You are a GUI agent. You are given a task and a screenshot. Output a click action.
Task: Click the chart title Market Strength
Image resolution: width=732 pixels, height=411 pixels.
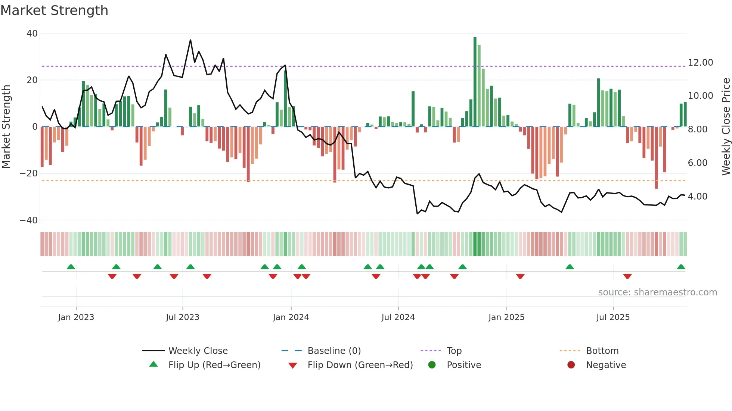[x=54, y=10]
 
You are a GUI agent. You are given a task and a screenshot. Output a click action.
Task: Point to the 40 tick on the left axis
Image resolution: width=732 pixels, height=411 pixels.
[x=32, y=34]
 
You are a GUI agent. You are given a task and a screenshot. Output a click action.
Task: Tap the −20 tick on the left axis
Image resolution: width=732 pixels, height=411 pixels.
[x=29, y=173]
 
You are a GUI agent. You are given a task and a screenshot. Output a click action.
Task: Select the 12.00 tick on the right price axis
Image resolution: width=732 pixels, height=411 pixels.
[x=700, y=63]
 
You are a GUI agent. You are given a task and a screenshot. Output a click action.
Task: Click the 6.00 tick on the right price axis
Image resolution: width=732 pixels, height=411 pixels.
[x=697, y=163]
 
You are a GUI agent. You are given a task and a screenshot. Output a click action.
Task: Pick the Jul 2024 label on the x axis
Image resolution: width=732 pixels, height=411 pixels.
[x=398, y=317]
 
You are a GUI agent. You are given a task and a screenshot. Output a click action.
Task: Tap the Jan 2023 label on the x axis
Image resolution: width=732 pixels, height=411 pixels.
[x=76, y=317]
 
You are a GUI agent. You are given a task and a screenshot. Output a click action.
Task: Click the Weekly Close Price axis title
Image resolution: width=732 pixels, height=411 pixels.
[x=726, y=127]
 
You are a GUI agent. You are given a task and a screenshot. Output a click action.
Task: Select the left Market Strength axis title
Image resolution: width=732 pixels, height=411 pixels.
[x=6, y=127]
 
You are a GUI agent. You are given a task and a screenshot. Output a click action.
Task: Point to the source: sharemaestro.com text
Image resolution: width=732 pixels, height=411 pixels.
[x=657, y=292]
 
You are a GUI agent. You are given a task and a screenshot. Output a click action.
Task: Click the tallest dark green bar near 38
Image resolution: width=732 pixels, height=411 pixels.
[x=475, y=82]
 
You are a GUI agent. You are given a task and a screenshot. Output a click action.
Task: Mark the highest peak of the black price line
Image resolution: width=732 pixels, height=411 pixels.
[x=190, y=40]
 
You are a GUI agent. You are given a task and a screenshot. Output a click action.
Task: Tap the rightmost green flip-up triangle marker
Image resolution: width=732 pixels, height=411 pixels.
[x=681, y=267]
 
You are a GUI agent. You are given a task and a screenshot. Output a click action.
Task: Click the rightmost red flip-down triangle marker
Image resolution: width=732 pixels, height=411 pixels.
[x=627, y=276]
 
